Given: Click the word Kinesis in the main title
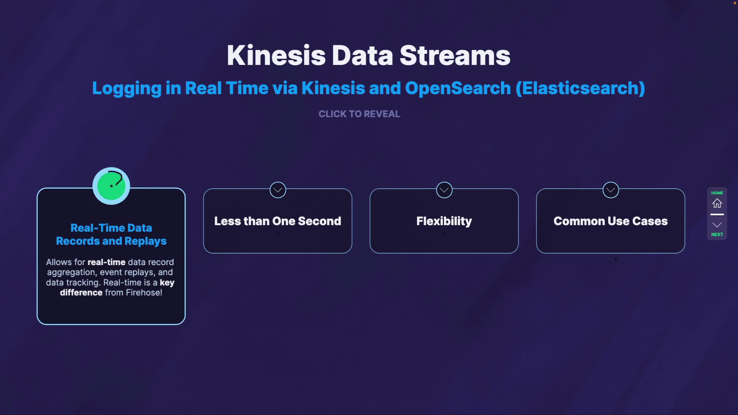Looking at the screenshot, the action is (x=276, y=55).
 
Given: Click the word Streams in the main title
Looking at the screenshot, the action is (x=455, y=55).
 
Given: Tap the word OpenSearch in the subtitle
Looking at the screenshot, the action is (x=458, y=88).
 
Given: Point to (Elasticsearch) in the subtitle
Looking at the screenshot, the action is (x=580, y=88).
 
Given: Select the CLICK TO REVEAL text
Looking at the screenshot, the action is (x=359, y=114).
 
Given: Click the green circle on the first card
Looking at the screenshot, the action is (x=111, y=186).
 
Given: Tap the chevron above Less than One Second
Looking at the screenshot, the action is (x=278, y=190).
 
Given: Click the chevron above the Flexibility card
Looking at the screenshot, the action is (x=444, y=190).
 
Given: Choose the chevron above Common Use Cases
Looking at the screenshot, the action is (x=611, y=190).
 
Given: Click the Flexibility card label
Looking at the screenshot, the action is (x=444, y=221).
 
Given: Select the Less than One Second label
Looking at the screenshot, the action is (x=278, y=221).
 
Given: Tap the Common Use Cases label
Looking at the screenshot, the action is (x=610, y=221).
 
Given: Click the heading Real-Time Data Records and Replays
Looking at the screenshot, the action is (x=111, y=234).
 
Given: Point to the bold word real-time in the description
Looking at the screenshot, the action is (x=106, y=262).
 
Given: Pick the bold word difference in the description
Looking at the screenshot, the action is (x=81, y=293).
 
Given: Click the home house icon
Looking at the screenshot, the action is (x=717, y=203).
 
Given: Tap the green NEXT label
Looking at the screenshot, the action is (x=717, y=234).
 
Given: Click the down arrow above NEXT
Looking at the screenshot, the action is (x=717, y=225).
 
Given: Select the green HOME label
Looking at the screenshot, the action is (x=717, y=193).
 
